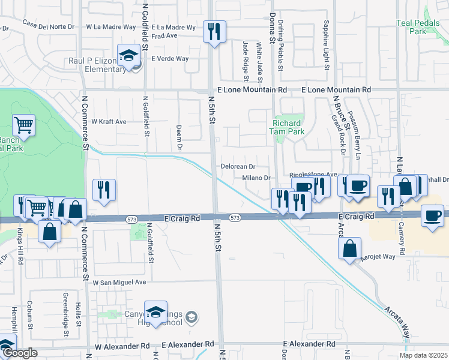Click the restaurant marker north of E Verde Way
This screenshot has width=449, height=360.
(x=214, y=31)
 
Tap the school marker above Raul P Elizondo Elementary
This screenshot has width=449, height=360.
(x=127, y=55)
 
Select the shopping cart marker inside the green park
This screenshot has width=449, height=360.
(x=23, y=125)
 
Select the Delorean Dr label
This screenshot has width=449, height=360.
(x=238, y=166)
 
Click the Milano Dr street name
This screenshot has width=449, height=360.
(x=257, y=178)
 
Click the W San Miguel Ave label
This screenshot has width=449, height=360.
(x=119, y=282)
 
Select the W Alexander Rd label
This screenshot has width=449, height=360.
(x=122, y=346)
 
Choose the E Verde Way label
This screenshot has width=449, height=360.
(x=170, y=59)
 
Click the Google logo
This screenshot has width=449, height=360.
(x=19, y=353)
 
